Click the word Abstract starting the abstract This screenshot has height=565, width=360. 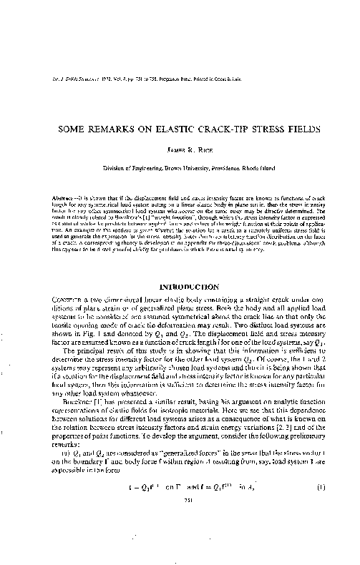[x=66, y=191]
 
